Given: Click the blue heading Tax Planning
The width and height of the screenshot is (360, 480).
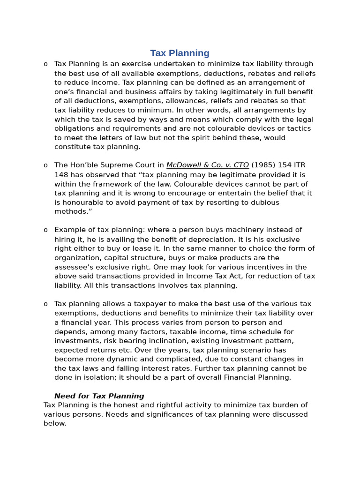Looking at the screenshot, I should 180,53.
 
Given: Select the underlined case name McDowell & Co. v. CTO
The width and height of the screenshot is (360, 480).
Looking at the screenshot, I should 208,165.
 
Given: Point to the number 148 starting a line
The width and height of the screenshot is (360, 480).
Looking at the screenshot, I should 61,175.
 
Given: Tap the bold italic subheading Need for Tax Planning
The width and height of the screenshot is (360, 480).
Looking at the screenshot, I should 99,396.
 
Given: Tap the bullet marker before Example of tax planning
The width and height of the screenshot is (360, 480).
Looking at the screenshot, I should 45,230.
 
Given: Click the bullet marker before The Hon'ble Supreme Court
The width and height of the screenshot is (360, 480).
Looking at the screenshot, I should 45,165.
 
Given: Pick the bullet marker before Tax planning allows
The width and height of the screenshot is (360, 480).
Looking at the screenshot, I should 45,304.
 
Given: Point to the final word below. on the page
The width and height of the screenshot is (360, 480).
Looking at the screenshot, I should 55,424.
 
